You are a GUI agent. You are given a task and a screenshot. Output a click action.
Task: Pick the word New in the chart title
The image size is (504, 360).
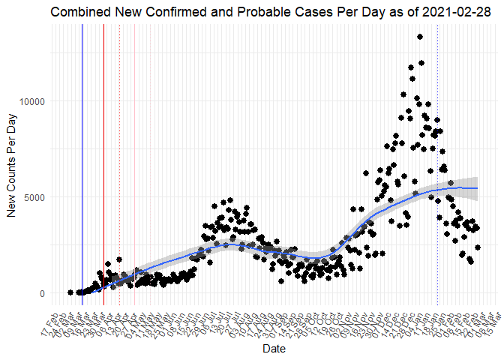(x=123, y=11)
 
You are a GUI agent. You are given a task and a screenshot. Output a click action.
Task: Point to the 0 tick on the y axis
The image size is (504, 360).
(x=43, y=293)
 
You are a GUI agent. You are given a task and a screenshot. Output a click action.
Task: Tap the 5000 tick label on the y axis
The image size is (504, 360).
(x=34, y=197)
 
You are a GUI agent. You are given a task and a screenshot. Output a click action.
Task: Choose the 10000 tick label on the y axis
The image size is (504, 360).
(x=31, y=101)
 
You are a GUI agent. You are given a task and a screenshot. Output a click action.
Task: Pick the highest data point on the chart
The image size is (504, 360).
(x=420, y=37)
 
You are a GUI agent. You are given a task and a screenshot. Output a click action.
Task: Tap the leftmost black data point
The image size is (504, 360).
(x=70, y=292)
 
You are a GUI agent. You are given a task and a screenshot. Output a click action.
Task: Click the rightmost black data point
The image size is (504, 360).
(x=478, y=247)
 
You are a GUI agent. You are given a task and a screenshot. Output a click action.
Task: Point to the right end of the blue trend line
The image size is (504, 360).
(x=478, y=188)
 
